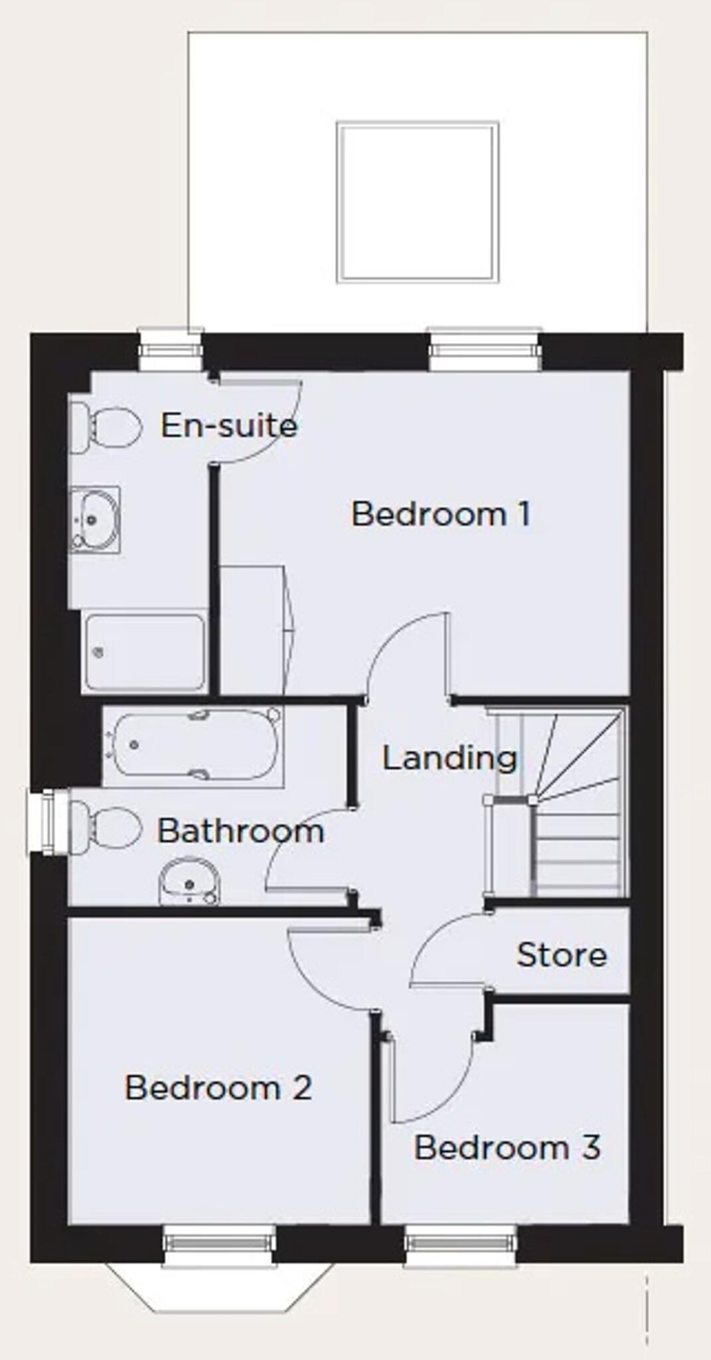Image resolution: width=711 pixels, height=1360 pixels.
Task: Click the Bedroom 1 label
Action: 441,514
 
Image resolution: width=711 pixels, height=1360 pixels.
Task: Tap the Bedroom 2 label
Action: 218,1088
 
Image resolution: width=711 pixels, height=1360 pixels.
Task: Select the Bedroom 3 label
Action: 507,1147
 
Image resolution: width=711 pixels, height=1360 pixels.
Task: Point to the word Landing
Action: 449,758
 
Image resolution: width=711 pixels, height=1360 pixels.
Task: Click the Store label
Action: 562,955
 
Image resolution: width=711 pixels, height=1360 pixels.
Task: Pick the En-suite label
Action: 229,425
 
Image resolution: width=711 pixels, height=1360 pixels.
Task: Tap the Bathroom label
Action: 240,831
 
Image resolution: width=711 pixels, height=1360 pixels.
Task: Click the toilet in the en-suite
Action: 106,427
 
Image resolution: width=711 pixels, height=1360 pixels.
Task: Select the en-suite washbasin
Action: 95,519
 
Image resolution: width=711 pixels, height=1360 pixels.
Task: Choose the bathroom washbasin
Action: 189,883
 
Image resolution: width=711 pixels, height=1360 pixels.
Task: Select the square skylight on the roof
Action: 418,202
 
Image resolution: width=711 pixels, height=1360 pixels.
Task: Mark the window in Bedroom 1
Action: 484,351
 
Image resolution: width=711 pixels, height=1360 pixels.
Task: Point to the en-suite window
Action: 170,351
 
